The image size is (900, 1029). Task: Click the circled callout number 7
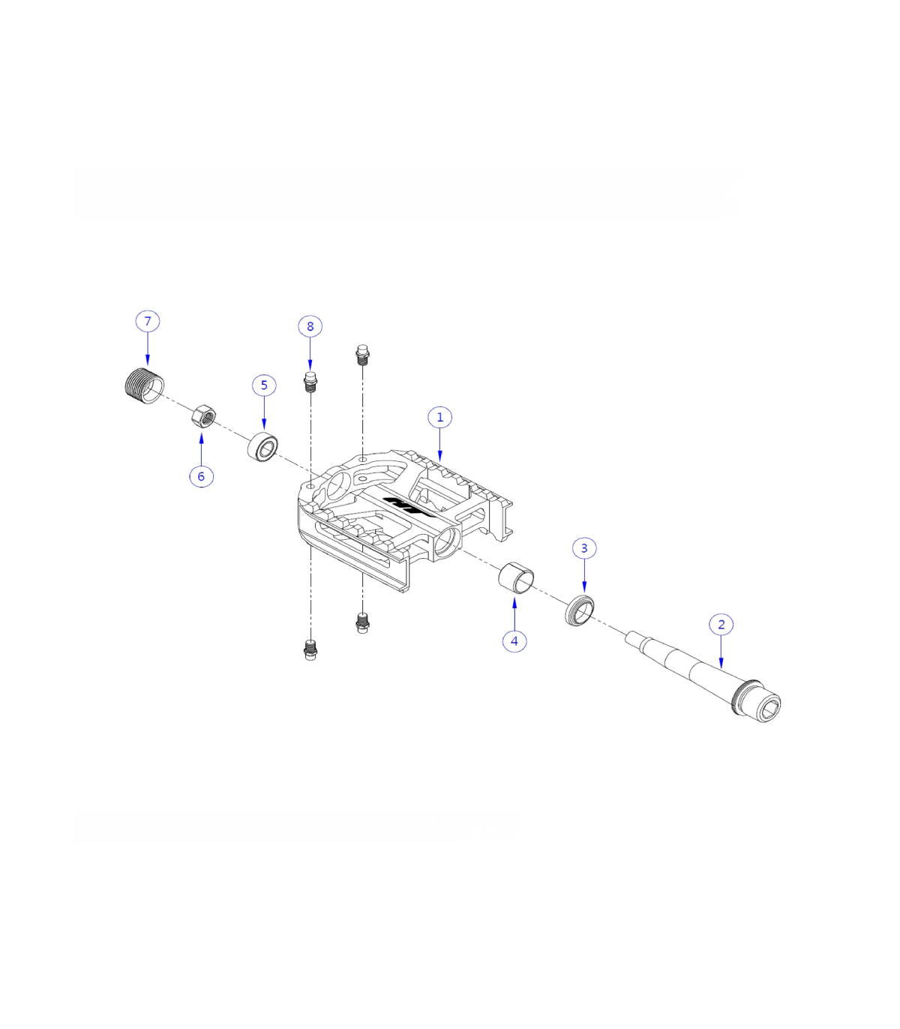[147, 321]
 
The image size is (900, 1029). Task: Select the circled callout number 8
[310, 326]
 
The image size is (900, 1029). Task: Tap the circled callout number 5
[264, 385]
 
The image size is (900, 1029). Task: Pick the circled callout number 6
[201, 476]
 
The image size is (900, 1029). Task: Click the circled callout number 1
[440, 418]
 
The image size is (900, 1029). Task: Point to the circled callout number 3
[584, 548]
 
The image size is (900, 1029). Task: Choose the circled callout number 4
[514, 640]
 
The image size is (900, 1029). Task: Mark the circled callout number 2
[721, 625]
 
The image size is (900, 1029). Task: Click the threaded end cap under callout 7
[144, 385]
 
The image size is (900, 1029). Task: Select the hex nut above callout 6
[203, 415]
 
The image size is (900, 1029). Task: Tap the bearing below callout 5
[263, 446]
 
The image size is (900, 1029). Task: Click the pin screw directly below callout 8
[310, 382]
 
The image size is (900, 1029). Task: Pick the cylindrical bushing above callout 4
[516, 577]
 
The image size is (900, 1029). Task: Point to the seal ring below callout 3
[580, 610]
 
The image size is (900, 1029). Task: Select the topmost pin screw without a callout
[362, 355]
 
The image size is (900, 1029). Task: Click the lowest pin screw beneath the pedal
[310, 650]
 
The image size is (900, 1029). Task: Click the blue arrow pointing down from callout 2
[721, 652]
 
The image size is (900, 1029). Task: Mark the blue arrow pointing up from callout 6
[201, 448]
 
